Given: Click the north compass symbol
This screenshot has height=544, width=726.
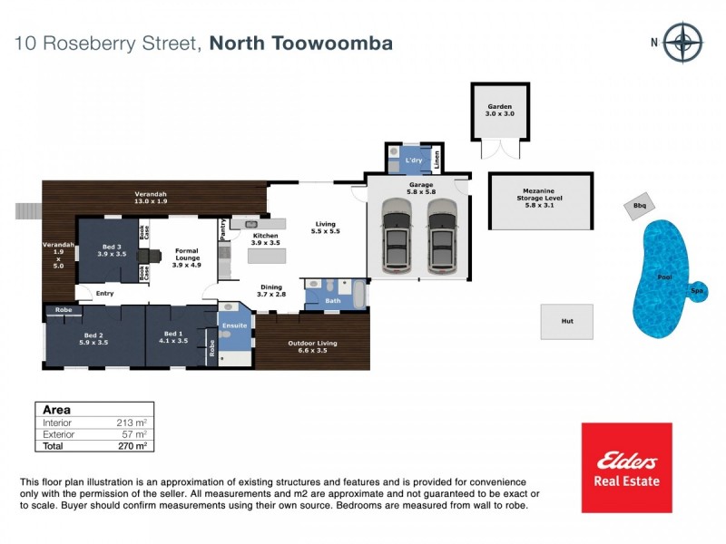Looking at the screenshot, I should coord(682,42).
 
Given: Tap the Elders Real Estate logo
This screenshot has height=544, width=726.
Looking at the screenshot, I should coord(626,467).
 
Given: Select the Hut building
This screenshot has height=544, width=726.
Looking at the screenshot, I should coord(567,321).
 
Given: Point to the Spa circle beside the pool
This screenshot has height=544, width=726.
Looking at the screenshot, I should coord(697,291).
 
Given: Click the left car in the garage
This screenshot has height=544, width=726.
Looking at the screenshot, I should coord(397,238).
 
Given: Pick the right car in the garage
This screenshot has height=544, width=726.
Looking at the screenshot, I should coord(442,238).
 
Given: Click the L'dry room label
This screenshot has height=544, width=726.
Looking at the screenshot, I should coord(415,160).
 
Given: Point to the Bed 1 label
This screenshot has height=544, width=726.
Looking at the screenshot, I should coord(172,338).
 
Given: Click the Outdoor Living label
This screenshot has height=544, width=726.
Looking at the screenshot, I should coord(313,347).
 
